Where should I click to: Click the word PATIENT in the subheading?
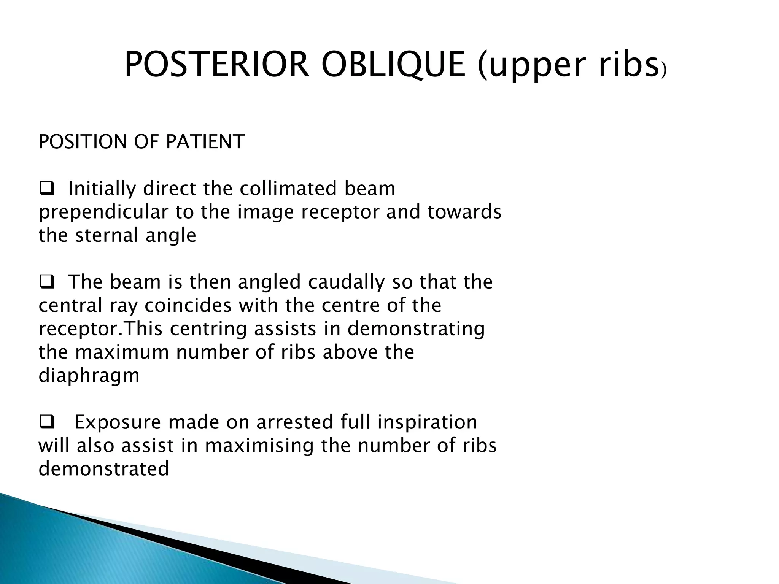(x=205, y=142)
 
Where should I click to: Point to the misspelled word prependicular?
(x=103, y=213)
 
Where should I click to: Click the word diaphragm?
(x=89, y=376)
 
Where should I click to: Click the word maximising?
(x=259, y=446)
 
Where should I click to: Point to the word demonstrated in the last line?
(x=103, y=469)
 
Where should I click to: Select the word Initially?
(x=102, y=189)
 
